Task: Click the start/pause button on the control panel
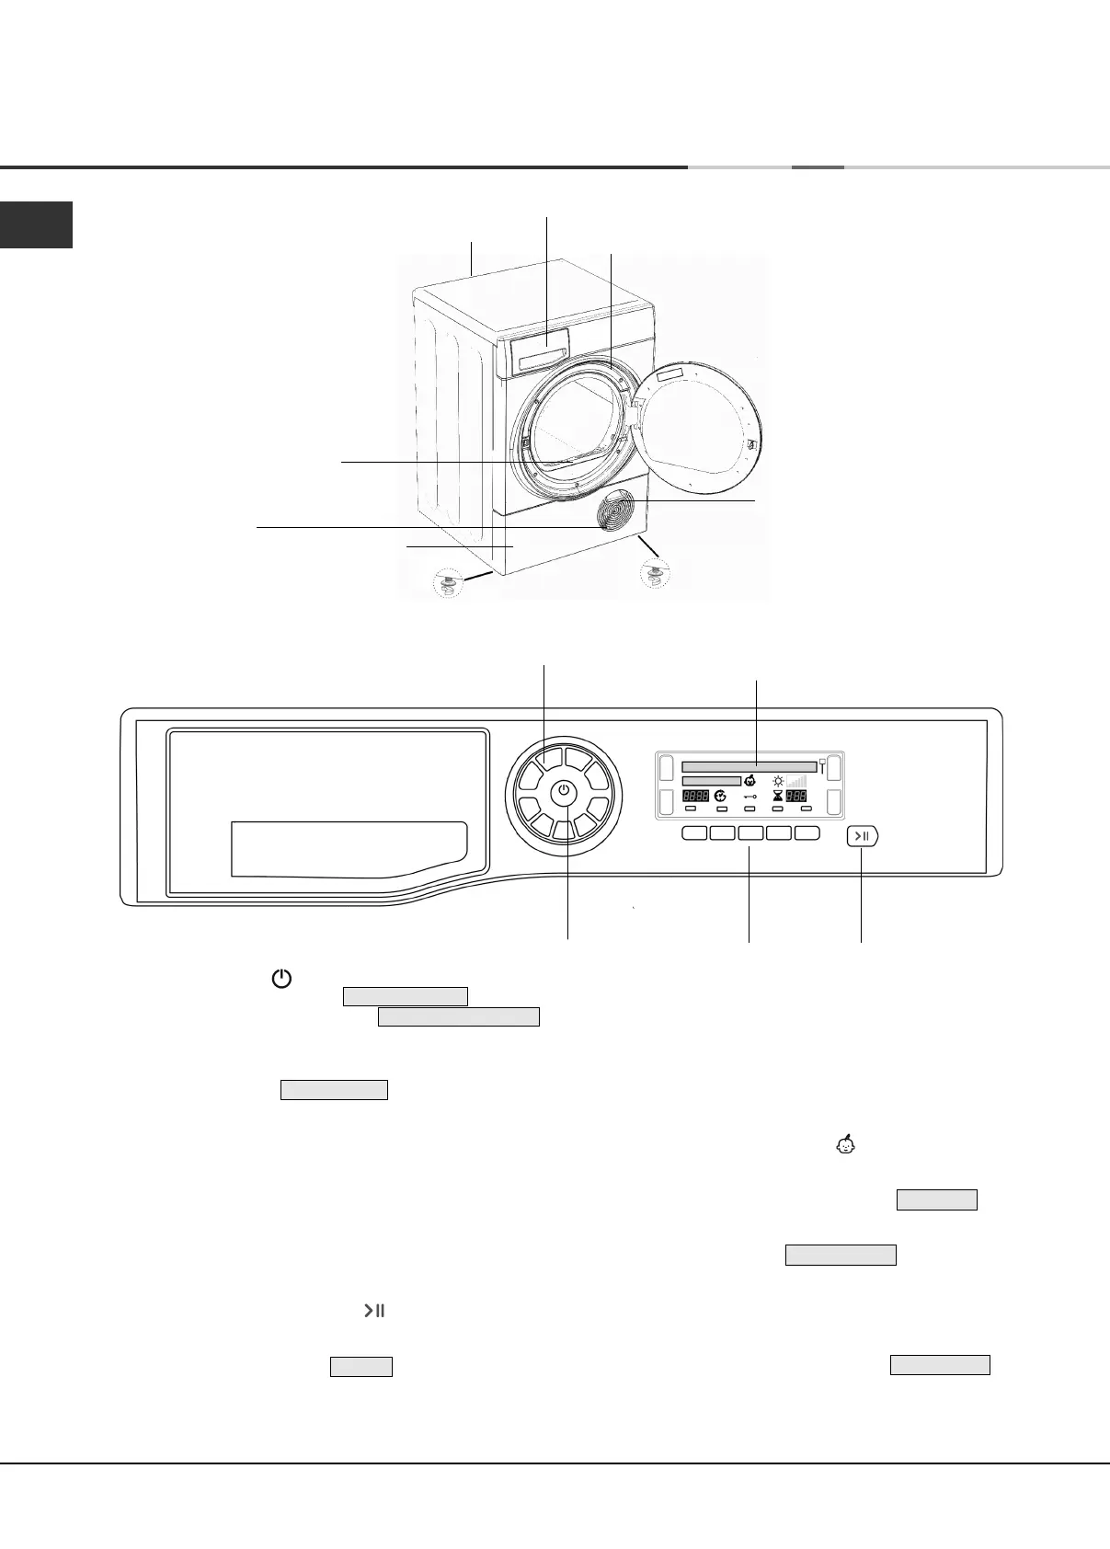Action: click(x=862, y=836)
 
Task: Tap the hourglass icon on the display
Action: click(x=777, y=796)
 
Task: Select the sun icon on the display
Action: click(x=778, y=780)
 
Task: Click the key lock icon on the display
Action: click(x=750, y=796)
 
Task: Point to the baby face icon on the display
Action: click(x=750, y=780)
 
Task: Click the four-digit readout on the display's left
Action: click(x=695, y=796)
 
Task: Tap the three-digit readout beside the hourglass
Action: click(x=796, y=796)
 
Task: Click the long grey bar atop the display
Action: click(x=749, y=766)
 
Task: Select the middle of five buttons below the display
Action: click(x=751, y=833)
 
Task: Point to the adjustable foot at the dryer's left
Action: click(x=449, y=585)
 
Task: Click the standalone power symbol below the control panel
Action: click(x=281, y=980)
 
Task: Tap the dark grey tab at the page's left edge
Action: click(x=36, y=225)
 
